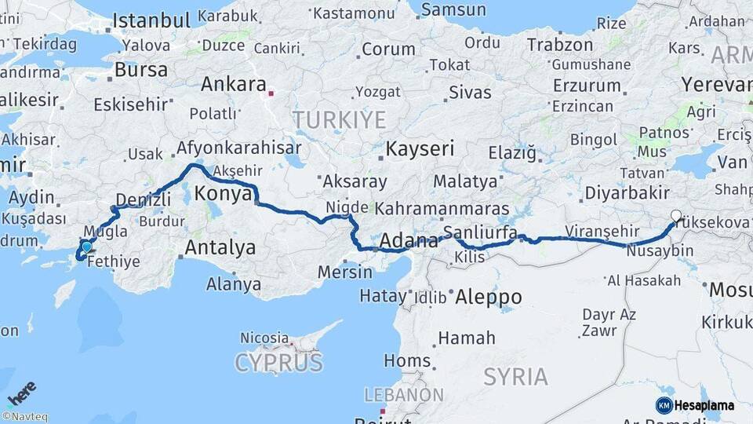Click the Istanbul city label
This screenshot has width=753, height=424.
click(151, 20)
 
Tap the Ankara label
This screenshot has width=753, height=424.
click(233, 84)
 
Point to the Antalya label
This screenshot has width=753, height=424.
click(220, 248)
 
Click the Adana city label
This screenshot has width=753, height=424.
click(409, 241)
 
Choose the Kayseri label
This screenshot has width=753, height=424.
click(420, 148)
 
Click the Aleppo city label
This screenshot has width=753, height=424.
click(488, 297)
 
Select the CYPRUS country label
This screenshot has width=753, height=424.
click(278, 363)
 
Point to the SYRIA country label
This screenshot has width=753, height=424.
click(515, 377)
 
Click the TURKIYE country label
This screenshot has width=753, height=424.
click(340, 120)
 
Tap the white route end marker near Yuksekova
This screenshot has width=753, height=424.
click(676, 215)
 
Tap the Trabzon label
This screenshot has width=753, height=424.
click(559, 45)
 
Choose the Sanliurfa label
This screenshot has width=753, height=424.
click(480, 232)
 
